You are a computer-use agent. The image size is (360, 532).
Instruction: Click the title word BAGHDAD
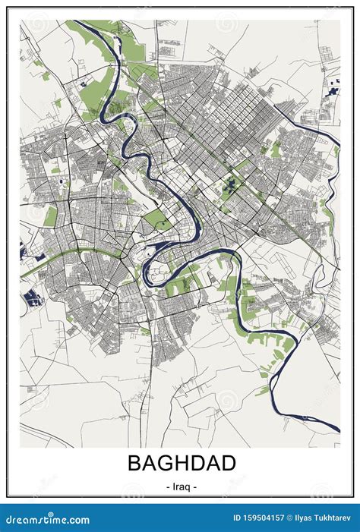[x=182, y=462]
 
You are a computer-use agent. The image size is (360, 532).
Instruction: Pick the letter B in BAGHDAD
[x=133, y=462]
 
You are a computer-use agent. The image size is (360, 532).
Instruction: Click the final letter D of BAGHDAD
[x=229, y=462]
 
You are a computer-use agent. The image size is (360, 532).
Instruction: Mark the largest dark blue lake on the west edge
[x=31, y=297]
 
